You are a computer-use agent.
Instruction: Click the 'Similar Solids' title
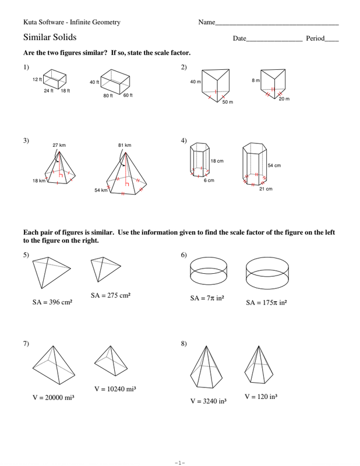pyautogui.click(x=50, y=38)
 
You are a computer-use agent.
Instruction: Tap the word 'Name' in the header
pyautogui.click(x=206, y=22)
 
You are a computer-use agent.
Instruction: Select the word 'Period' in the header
pyautogui.click(x=315, y=38)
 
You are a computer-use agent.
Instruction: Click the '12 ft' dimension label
pyautogui.click(x=37, y=79)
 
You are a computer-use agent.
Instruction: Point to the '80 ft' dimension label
pyautogui.click(x=108, y=96)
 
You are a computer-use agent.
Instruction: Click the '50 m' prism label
pyautogui.click(x=227, y=102)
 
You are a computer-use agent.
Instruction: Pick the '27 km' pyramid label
pyautogui.click(x=59, y=145)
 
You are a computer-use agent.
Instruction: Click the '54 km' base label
pyautogui.click(x=101, y=190)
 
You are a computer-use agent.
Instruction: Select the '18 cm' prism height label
pyautogui.click(x=217, y=161)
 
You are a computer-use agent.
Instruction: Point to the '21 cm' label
pyautogui.click(x=266, y=189)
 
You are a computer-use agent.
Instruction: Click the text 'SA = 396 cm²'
pyautogui.click(x=52, y=303)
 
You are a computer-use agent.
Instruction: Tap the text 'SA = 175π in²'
pyautogui.click(x=266, y=303)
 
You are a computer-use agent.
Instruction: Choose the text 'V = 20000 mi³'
pyautogui.click(x=53, y=397)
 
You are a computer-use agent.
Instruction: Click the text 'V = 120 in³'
pyautogui.click(x=260, y=397)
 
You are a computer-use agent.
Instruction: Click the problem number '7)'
pyautogui.click(x=26, y=344)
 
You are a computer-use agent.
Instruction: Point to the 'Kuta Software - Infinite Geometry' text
pyautogui.click(x=72, y=22)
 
